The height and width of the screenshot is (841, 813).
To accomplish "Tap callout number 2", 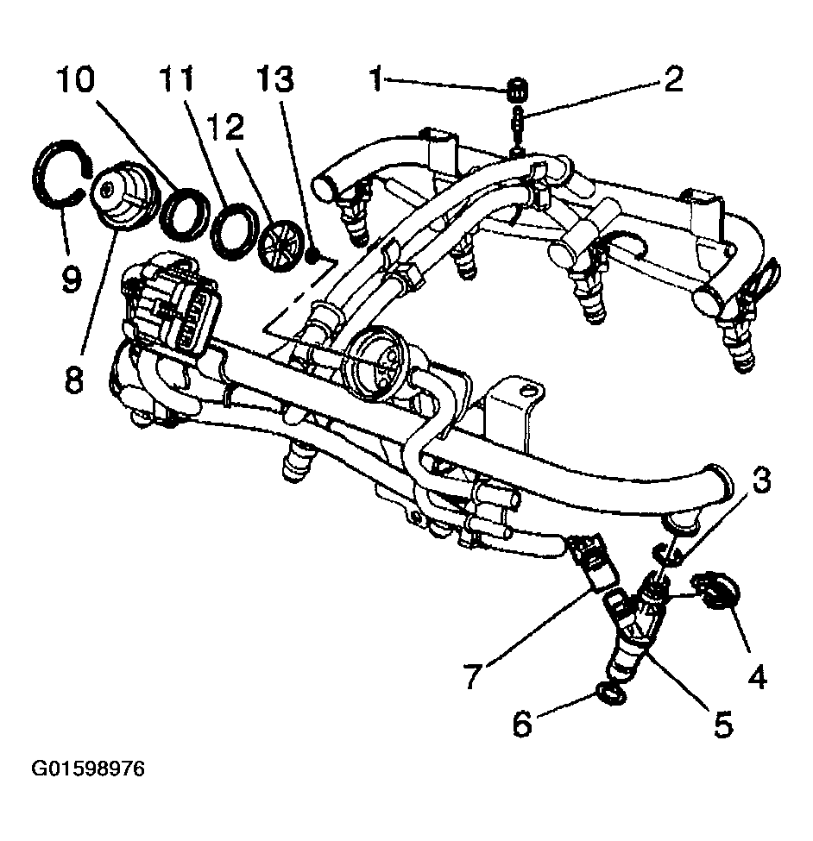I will pos(673,80).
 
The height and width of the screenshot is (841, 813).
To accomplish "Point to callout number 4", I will pos(757,678).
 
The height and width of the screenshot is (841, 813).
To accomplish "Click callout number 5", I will pos(723,723).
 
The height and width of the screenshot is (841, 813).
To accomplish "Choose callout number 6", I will pos(522,725).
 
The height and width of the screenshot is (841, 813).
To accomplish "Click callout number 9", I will pos(69,278).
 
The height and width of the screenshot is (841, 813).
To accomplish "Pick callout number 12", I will pos(224,129).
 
